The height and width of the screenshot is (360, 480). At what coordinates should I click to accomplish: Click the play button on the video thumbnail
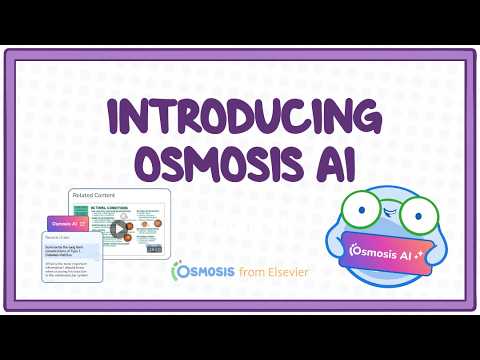tap(120, 228)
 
